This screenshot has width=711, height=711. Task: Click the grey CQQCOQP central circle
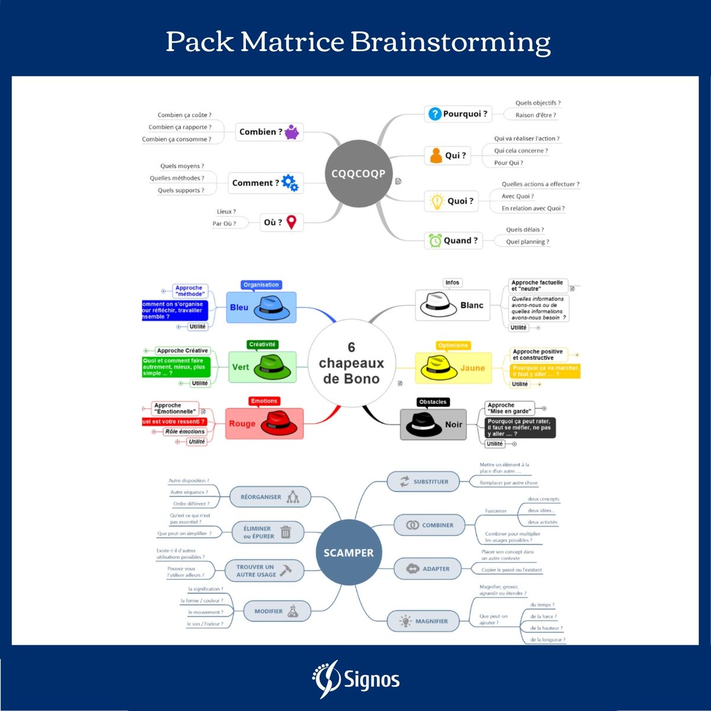click(x=358, y=174)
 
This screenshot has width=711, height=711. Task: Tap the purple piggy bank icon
click(x=292, y=132)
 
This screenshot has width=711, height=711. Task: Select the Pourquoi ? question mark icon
click(x=435, y=114)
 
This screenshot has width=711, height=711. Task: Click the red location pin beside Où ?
click(x=292, y=222)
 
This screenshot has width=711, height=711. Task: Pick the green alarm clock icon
click(x=435, y=241)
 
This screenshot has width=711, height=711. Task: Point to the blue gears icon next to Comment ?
click(x=290, y=183)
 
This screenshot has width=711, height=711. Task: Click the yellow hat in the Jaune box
click(x=438, y=368)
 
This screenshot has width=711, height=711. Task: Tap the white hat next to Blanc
click(x=438, y=305)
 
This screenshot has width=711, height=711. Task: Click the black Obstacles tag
click(x=433, y=402)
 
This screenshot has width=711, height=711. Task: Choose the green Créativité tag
click(x=262, y=344)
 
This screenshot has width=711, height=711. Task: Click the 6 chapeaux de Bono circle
click(x=351, y=363)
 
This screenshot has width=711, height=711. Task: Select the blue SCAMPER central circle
click(x=348, y=553)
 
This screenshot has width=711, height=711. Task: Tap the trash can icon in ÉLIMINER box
click(x=286, y=532)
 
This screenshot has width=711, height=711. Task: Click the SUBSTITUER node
click(x=424, y=482)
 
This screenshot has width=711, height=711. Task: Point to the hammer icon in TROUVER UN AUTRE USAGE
click(x=286, y=570)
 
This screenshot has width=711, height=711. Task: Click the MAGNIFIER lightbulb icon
click(x=405, y=621)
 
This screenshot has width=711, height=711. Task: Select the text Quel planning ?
click(x=527, y=242)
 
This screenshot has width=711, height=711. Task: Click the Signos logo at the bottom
click(x=356, y=680)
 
